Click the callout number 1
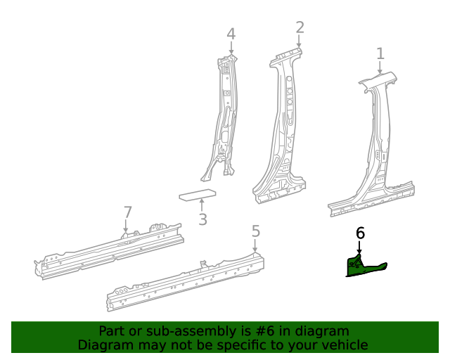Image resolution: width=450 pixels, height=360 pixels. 380,53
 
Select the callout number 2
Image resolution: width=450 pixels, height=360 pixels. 300,27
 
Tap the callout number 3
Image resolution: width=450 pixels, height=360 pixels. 202,220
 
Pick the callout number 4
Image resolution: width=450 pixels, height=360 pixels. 231,34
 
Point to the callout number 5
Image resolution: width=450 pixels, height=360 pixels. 256,231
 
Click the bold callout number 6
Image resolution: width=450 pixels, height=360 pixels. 360,233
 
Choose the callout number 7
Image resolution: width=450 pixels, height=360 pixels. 127,212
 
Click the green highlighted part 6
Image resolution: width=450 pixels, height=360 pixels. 363,268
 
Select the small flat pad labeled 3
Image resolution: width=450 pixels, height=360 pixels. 198,195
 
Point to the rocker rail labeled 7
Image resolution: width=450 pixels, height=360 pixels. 109,250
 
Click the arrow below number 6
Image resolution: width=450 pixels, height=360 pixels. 359,248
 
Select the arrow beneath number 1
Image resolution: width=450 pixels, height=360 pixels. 380,68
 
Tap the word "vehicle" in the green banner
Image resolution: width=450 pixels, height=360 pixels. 342,345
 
